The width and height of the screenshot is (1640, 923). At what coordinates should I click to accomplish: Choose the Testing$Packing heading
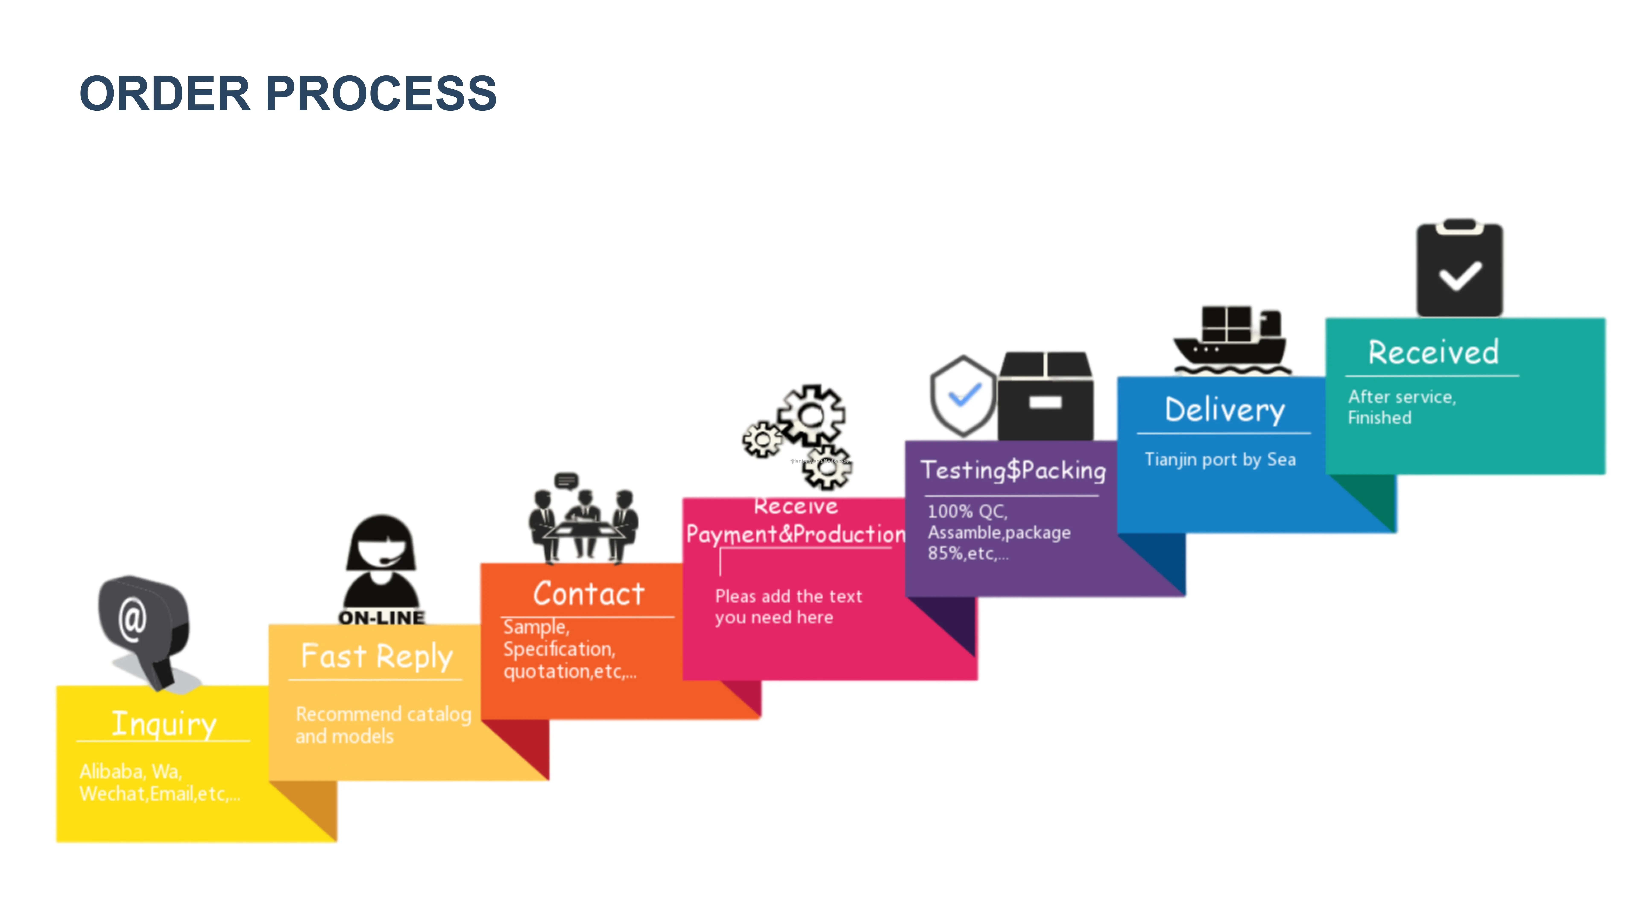(x=1013, y=470)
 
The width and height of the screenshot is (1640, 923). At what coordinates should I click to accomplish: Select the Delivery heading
(x=1224, y=410)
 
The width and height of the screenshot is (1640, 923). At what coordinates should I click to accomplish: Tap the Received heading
(x=1433, y=352)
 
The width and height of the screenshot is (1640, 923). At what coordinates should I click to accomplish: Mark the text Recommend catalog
(x=383, y=714)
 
